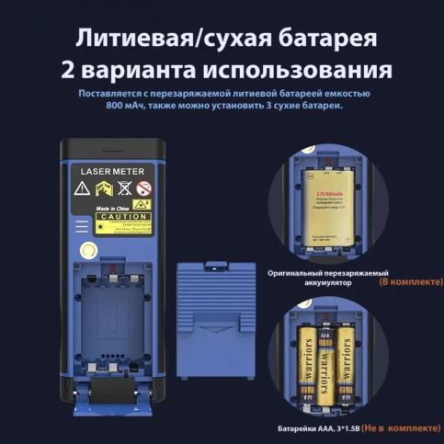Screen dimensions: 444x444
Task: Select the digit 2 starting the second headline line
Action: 67,72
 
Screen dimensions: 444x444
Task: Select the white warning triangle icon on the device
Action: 81,189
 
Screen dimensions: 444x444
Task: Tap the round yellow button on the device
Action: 89,250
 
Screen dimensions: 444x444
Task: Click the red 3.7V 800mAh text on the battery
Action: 328,195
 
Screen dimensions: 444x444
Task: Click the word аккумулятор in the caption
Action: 309,283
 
